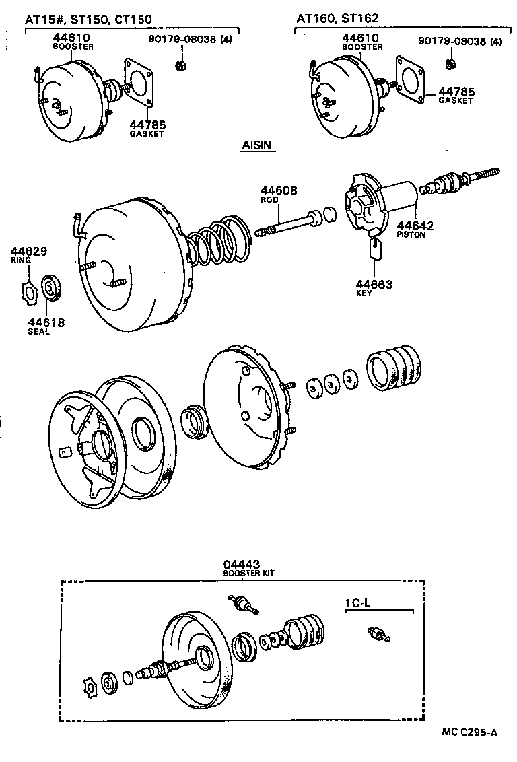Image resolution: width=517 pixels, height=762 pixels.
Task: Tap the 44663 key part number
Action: pyautogui.click(x=374, y=285)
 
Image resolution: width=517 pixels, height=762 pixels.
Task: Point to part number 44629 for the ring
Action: pyautogui.click(x=29, y=252)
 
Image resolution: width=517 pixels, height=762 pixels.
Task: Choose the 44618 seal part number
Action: pyautogui.click(x=46, y=322)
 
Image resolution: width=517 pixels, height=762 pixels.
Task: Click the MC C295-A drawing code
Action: pyautogui.click(x=470, y=732)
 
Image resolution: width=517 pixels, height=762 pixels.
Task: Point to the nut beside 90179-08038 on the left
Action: pyautogui.click(x=180, y=65)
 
